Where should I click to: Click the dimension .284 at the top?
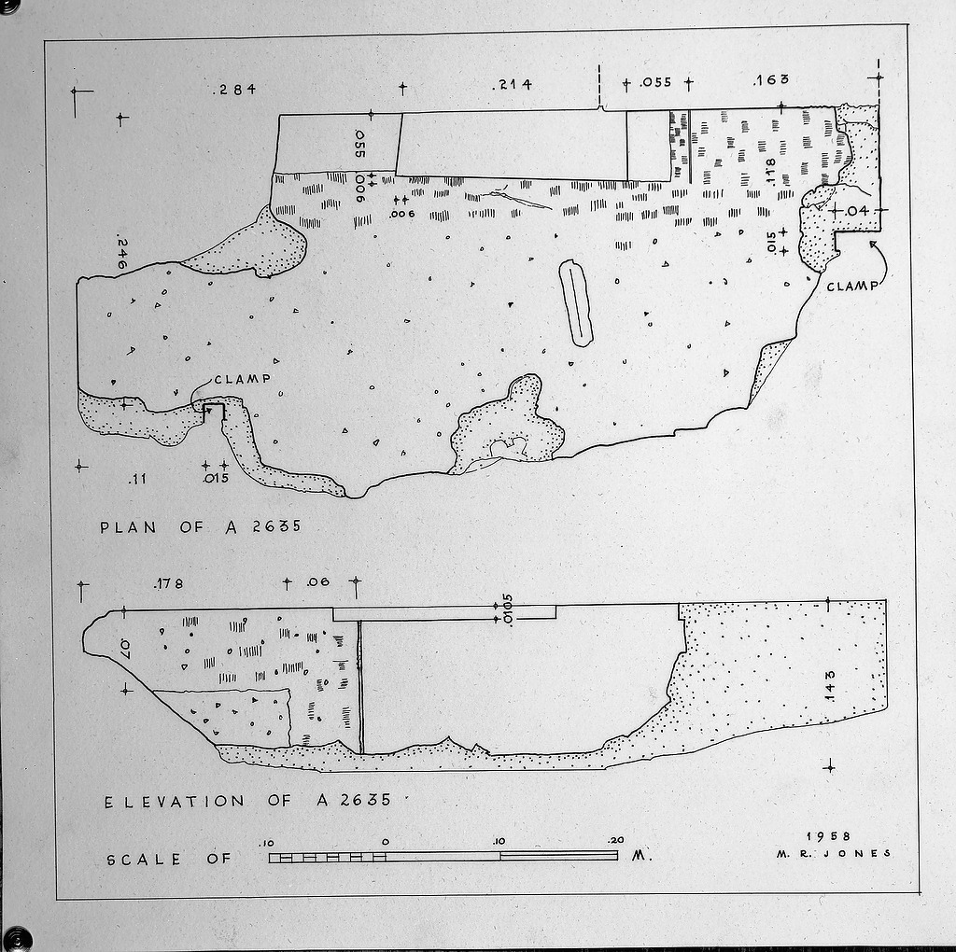pos(234,90)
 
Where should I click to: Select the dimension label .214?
pos(512,84)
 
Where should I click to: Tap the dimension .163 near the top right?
pos(770,80)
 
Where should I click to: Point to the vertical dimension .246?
pos(121,254)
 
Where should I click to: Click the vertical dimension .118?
pos(770,171)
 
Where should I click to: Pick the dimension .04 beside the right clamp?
pos(857,211)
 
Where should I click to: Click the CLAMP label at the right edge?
pos(852,286)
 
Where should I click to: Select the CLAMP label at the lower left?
pos(243,379)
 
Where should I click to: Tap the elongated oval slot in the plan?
pos(575,303)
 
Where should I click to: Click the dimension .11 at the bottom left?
pos(138,479)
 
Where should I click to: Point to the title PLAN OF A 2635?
pos(201,526)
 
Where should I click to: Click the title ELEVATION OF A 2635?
pos(247,801)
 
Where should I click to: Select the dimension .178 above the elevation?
pos(168,584)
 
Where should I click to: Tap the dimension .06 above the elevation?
pos(317,582)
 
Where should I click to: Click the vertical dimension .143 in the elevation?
pos(829,686)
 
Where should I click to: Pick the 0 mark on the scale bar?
pos(386,842)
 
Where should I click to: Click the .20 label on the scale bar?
pos(616,840)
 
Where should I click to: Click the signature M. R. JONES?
pos(834,854)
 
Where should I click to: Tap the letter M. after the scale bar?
pos(640,855)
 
